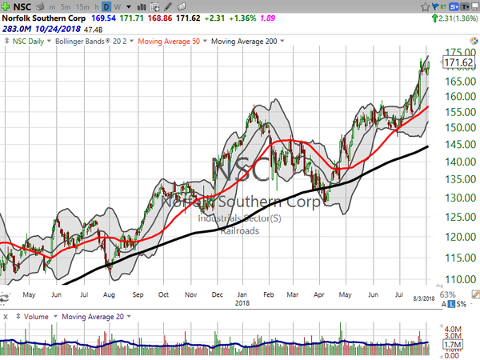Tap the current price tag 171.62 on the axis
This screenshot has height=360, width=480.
(458, 62)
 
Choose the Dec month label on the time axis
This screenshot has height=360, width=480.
(217, 294)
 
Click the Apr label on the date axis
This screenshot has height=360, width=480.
(319, 294)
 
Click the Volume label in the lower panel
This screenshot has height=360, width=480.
(35, 316)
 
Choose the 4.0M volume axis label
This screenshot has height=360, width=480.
(453, 329)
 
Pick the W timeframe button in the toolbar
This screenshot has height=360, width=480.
(118, 5)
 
